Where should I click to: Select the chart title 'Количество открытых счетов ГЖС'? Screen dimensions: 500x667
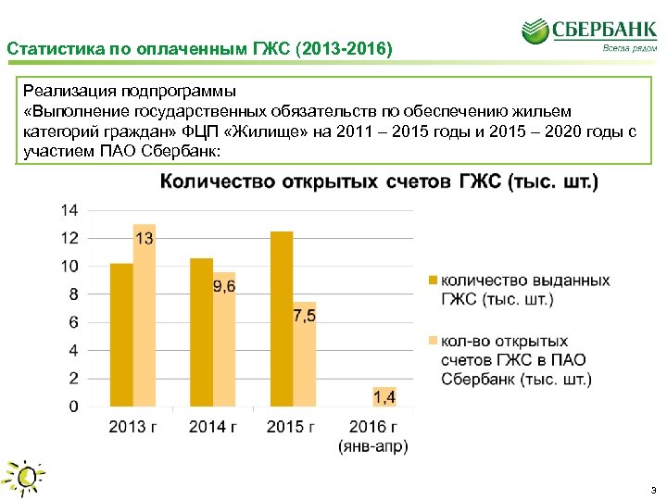tap(379, 181)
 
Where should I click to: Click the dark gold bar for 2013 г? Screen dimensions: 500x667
tap(120, 335)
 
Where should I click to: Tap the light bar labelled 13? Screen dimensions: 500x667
tap(144, 315)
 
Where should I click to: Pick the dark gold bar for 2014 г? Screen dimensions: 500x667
tap(201, 332)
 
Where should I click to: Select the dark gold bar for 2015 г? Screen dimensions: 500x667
tap(281, 319)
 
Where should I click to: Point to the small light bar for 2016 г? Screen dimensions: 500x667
tap(384, 396)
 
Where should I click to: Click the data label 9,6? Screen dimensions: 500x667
tap(224, 287)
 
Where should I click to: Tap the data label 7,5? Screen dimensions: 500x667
tap(304, 316)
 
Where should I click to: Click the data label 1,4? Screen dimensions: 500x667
tap(384, 396)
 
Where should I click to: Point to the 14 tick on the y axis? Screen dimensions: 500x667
tap(69, 210)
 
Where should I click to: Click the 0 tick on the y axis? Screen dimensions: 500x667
tap(73, 406)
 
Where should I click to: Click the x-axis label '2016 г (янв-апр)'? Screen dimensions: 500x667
tap(371, 436)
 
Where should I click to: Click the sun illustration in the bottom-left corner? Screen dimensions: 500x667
tap(25, 477)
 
